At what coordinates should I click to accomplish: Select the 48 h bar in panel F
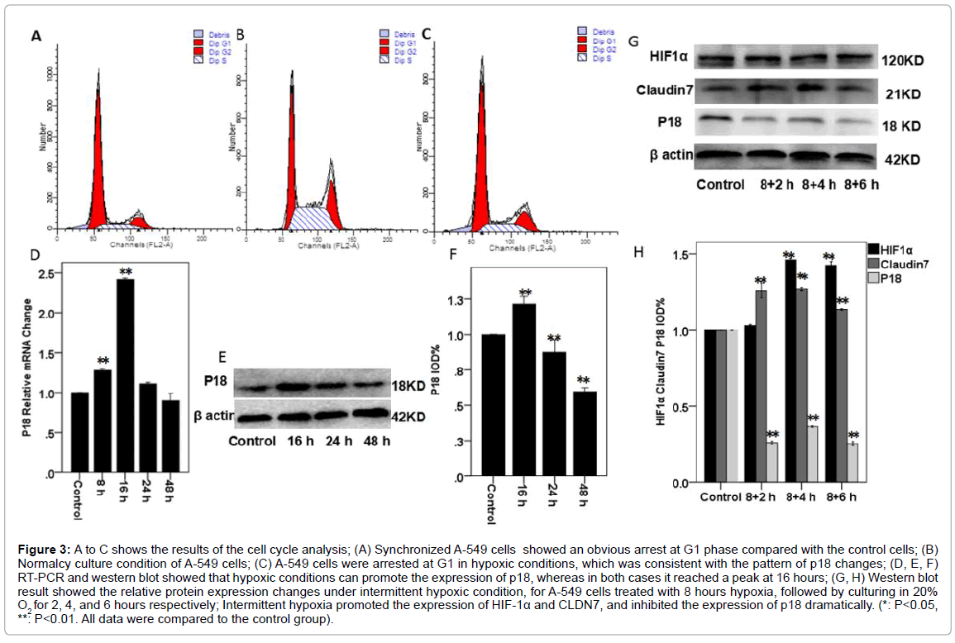[x=585, y=434]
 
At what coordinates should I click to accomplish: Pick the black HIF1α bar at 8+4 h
[x=790, y=372]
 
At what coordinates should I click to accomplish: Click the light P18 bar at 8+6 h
[x=852, y=463]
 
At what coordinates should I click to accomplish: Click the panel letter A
[x=36, y=36]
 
